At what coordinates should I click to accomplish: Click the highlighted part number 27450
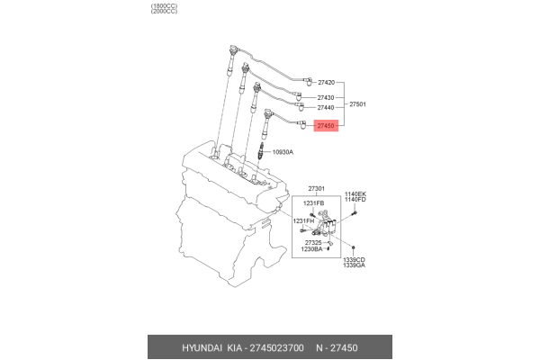(x=326, y=128)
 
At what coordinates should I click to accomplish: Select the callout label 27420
(x=326, y=82)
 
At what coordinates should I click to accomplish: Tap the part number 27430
(x=326, y=97)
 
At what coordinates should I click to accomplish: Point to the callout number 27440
(x=326, y=108)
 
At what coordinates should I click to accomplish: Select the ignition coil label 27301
(x=317, y=189)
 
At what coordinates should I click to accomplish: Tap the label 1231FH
(x=304, y=220)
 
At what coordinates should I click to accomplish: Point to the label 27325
(x=314, y=243)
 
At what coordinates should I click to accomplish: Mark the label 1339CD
(x=353, y=260)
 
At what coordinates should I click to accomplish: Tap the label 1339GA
(x=353, y=266)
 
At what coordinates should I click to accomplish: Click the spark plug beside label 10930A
(x=262, y=153)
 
